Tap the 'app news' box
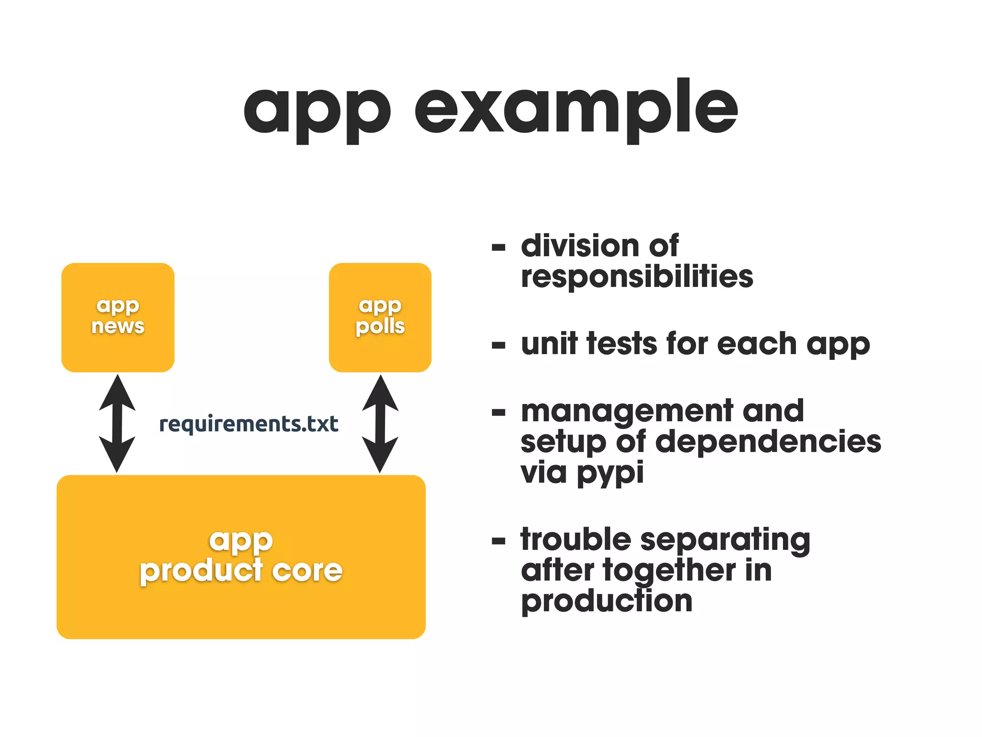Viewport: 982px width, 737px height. coord(118,317)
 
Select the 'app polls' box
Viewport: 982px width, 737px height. coord(380,317)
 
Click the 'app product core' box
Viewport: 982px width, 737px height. coord(241,557)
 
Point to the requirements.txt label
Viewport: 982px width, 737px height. coord(248,424)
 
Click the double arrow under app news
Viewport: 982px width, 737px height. coord(117,423)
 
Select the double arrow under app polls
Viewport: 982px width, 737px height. coord(380,423)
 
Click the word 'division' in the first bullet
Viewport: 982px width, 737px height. coord(579,246)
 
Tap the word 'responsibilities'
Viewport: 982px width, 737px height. coord(637,277)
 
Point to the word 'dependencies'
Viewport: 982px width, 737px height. coord(768,441)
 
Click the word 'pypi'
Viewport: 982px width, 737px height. coord(610,473)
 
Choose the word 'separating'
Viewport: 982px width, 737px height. coord(725,540)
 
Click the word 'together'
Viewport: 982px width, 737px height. coord(669,571)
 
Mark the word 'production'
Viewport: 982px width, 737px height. coord(607,602)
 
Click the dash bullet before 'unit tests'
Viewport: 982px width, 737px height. coord(499,345)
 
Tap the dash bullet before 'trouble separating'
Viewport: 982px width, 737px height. coord(499,541)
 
